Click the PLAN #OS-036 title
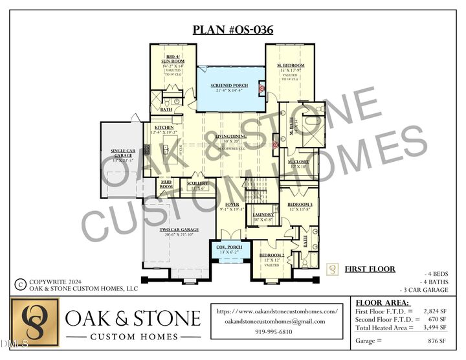tap(232, 30)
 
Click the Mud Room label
tap(166, 184)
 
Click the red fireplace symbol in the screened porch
tap(261, 88)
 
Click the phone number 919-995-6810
tap(275, 332)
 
